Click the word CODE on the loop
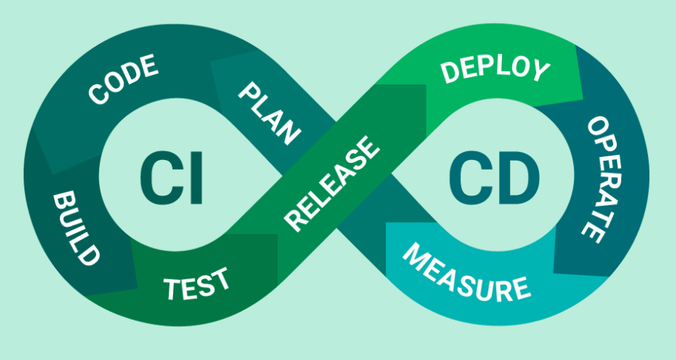124,79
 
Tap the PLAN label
270,114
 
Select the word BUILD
76,228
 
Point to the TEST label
196,284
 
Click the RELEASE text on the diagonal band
332,184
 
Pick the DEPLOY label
495,70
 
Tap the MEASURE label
466,273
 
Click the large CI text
172,178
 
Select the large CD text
494,178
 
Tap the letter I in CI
196,178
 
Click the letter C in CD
469,178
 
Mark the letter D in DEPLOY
449,73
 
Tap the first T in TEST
172,290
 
